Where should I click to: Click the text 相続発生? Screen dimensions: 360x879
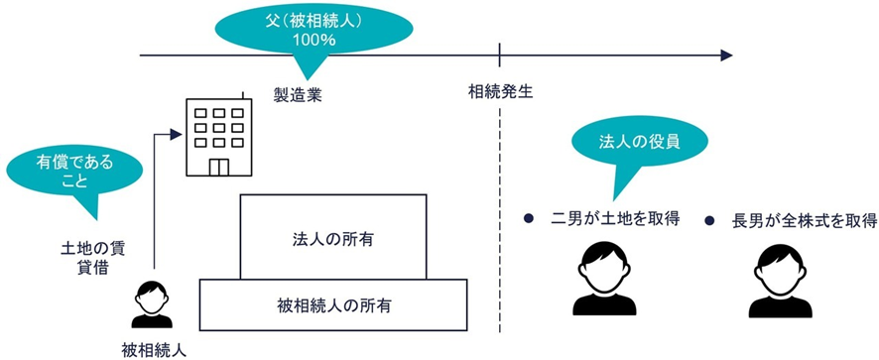tap(501, 92)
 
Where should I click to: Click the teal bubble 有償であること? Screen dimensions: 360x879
tap(62, 170)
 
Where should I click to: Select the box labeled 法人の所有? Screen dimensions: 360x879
tap(332, 238)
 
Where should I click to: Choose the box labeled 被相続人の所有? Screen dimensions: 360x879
tap(333, 305)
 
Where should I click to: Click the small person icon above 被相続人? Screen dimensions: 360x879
tap(152, 303)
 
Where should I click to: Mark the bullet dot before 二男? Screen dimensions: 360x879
tap(531, 218)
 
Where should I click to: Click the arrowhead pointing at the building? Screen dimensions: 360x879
tap(175, 131)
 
